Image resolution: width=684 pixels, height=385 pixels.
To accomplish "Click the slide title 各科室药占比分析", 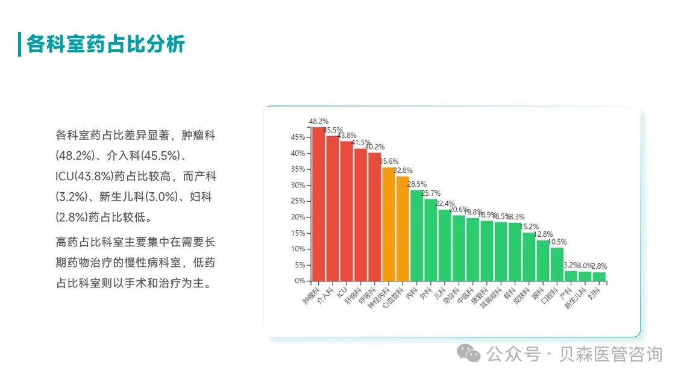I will click(105, 44).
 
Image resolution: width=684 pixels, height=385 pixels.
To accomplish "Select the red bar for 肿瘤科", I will click(318, 205).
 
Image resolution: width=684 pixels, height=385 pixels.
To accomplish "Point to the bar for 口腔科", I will click(557, 264).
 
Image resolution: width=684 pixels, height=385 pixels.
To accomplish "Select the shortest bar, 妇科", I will click(599, 277).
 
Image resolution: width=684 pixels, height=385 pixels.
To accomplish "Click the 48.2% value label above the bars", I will click(318, 121).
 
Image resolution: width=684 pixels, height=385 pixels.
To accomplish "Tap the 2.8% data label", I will click(599, 266).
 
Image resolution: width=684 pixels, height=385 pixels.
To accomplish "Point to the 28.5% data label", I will click(416, 184).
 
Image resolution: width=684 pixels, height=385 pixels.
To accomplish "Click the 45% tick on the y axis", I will click(298, 137).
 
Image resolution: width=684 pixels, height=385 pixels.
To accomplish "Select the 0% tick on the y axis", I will click(300, 281).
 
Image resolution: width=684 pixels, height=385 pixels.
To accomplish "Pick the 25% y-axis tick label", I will click(298, 201).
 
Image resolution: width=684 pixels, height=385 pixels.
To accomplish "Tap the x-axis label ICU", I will click(342, 291).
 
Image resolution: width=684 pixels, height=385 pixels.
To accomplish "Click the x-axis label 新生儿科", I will click(576, 298).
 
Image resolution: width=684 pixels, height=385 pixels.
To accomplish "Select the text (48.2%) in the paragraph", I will click(75, 155).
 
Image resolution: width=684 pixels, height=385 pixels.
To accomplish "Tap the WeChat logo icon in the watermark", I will click(468, 354).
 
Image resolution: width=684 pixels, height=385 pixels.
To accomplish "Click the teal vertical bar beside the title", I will click(20, 44).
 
